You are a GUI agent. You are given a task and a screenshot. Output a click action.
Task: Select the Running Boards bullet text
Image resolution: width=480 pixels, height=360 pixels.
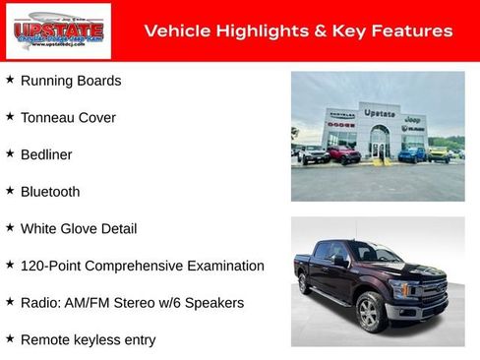(71, 81)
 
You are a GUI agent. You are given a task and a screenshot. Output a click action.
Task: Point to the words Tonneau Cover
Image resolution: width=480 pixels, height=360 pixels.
(68, 118)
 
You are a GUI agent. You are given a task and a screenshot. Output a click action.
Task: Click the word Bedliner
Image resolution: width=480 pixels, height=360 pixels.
(46, 155)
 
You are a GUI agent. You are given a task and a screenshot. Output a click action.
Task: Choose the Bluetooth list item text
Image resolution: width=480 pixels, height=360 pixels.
(50, 193)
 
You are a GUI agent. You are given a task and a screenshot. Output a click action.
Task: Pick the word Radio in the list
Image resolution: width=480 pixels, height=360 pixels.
(39, 303)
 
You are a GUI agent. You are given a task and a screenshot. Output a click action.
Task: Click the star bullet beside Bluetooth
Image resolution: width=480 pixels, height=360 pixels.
(10, 190)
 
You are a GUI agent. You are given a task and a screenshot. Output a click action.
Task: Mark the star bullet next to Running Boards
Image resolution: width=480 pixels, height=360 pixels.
(10, 79)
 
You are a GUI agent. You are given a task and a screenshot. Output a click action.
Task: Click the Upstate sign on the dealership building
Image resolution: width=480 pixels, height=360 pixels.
(379, 113)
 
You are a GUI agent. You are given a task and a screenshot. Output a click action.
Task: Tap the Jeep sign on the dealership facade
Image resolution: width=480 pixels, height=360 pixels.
(413, 119)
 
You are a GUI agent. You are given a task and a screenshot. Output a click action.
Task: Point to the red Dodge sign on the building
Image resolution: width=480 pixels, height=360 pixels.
(341, 125)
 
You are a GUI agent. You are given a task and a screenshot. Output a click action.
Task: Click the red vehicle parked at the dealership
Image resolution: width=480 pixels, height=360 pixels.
(343, 154)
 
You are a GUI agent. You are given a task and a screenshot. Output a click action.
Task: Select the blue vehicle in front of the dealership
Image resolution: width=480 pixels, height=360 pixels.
(412, 154)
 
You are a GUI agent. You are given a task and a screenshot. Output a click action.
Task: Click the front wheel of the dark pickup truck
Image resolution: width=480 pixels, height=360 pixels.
(369, 314)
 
